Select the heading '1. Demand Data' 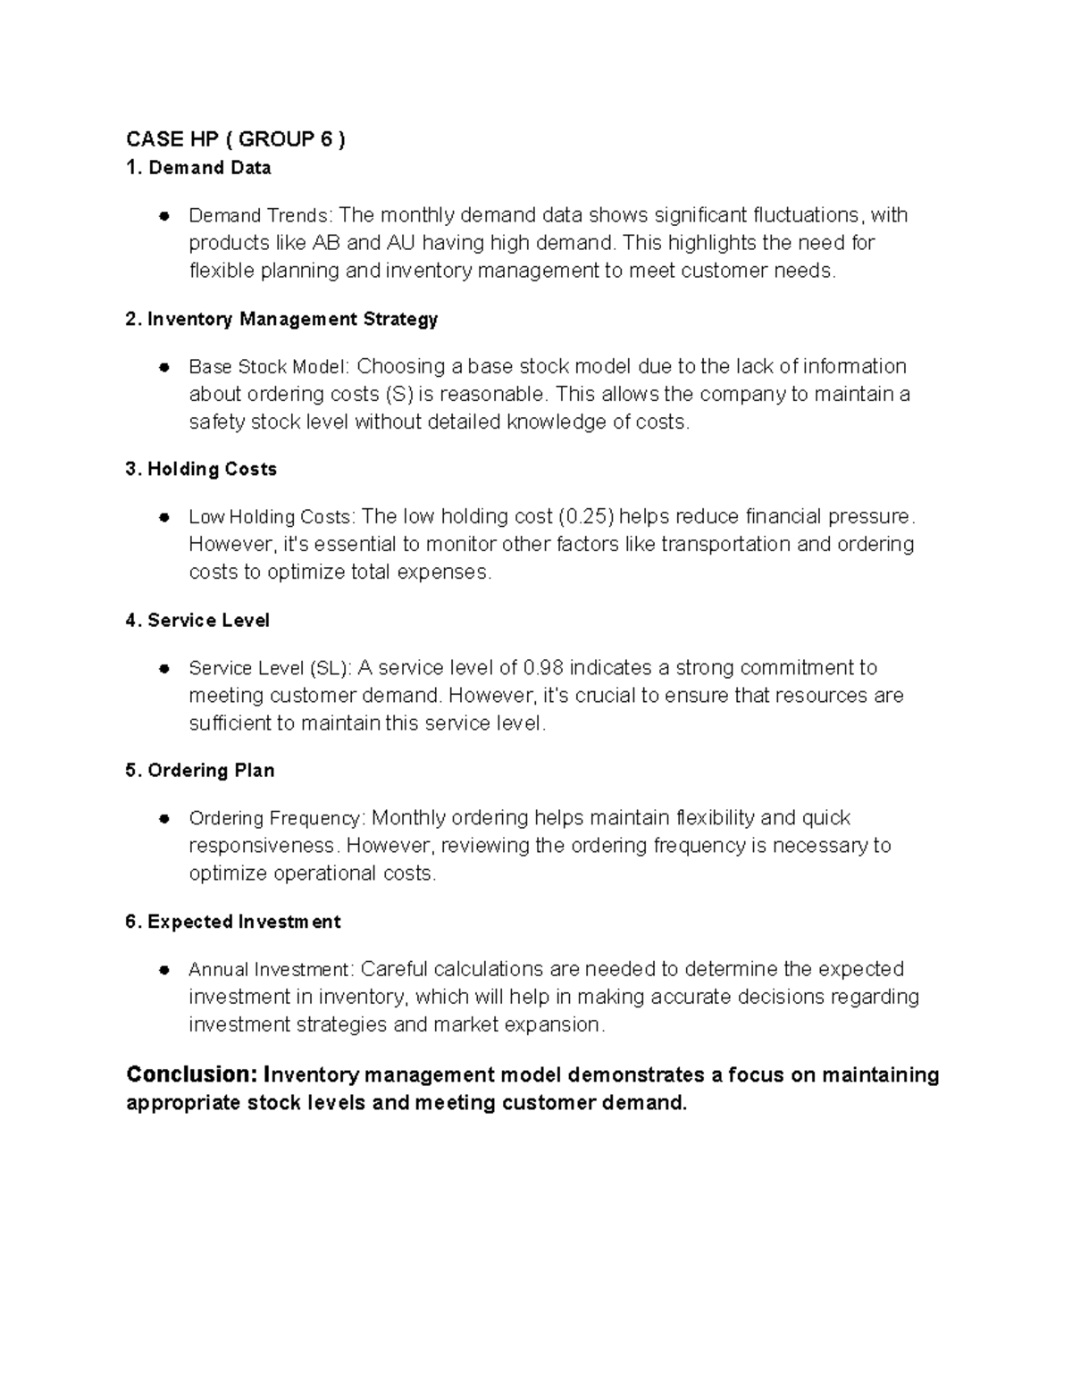(198, 168)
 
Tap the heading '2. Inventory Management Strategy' (281, 319)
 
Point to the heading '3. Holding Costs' (201, 469)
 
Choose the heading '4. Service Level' (197, 620)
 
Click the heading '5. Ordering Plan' (200, 770)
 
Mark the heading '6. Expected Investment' (233, 921)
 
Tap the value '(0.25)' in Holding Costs (585, 516)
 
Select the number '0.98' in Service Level (543, 667)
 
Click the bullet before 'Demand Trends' (164, 216)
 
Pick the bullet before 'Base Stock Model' (164, 367)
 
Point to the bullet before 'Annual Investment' (164, 970)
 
